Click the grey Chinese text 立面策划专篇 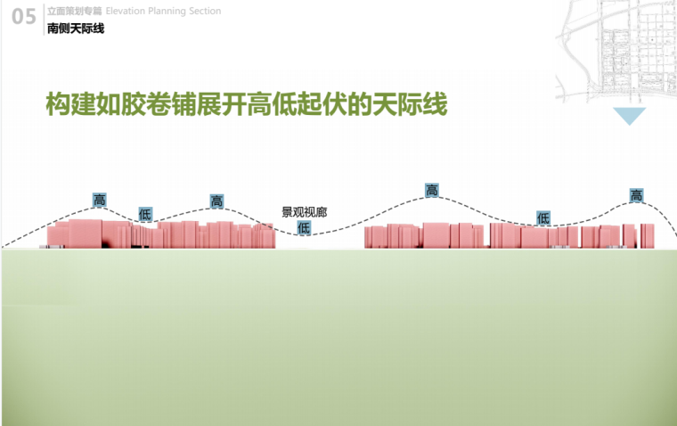[x=75, y=11]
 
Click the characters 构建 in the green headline [x=71, y=104]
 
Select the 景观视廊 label [x=304, y=213]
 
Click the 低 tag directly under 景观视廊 [x=304, y=228]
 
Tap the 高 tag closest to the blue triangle [x=636, y=196]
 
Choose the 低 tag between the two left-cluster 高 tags [x=145, y=215]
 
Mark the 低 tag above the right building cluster [x=543, y=217]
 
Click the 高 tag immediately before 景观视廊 [x=216, y=201]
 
